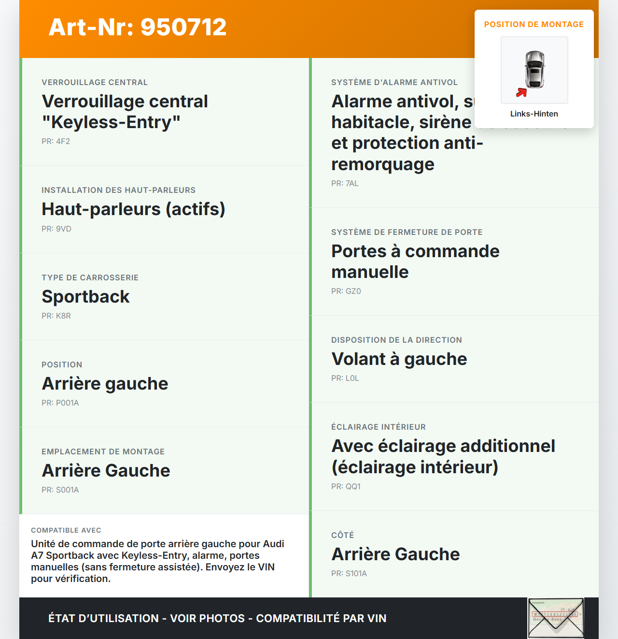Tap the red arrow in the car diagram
click(x=521, y=92)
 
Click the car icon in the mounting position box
click(x=535, y=70)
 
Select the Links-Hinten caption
click(x=534, y=114)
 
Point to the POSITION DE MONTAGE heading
click(x=534, y=24)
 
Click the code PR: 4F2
click(x=56, y=141)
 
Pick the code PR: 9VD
click(x=56, y=229)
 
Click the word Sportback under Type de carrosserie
click(x=85, y=296)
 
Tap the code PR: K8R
click(x=56, y=316)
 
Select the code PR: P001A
click(x=60, y=403)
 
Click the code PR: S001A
click(x=60, y=490)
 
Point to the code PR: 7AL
click(x=345, y=183)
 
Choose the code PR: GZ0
click(x=346, y=291)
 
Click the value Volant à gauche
click(x=399, y=359)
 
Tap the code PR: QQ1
click(x=346, y=486)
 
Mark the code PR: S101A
click(x=349, y=573)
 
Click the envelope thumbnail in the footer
click(x=556, y=618)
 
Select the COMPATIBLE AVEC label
click(x=66, y=530)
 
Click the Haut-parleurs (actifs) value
click(x=133, y=209)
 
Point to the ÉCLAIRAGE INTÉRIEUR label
click(x=378, y=427)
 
